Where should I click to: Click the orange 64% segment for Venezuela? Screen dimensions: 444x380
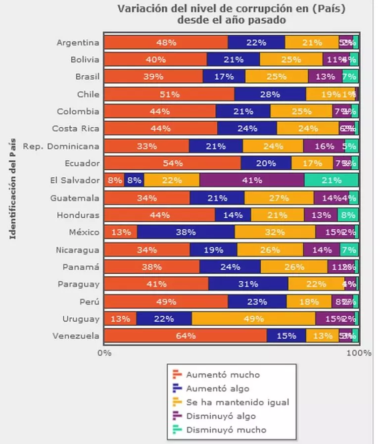pos(186,336)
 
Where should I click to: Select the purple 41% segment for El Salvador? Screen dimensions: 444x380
pos(252,180)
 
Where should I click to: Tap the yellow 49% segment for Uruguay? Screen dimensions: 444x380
pos(253,319)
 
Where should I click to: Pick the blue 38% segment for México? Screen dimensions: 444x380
pos(186,232)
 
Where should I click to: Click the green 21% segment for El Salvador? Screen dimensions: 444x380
pos(331,180)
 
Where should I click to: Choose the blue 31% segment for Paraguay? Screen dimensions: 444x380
pos(248,284)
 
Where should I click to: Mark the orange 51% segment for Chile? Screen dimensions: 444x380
pos(169,94)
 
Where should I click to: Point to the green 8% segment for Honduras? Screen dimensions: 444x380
pos(348,215)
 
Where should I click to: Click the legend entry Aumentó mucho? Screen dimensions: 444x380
pos(222,375)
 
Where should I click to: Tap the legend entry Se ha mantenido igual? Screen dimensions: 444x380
pos(237,402)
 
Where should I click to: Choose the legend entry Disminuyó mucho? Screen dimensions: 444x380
pos(226,430)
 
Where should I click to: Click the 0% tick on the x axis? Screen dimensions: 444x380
pos(104,352)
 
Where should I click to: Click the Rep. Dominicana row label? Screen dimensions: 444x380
pos(61,146)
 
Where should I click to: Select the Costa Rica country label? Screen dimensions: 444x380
pos(76,129)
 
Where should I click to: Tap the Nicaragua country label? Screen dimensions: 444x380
pos(78,249)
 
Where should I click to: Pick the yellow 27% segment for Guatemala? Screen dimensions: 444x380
pos(279,198)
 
